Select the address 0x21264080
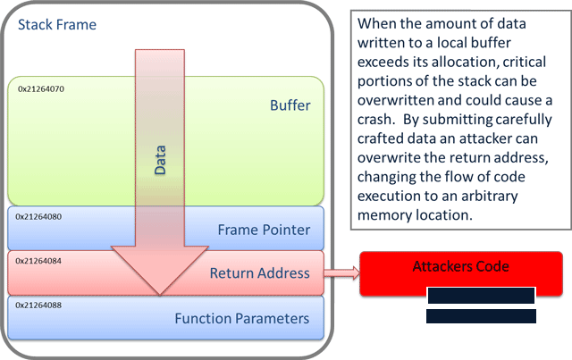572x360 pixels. pyautogui.click(x=39, y=216)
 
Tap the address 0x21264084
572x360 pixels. pyautogui.click(x=39, y=259)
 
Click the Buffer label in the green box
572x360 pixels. pyautogui.click(x=290, y=106)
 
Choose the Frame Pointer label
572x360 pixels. pyautogui.click(x=264, y=230)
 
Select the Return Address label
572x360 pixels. pyautogui.click(x=260, y=273)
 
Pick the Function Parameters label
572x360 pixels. pyautogui.click(x=241, y=318)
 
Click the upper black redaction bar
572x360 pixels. pyautogui.click(x=480, y=296)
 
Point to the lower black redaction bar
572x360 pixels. pyautogui.click(x=481, y=316)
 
